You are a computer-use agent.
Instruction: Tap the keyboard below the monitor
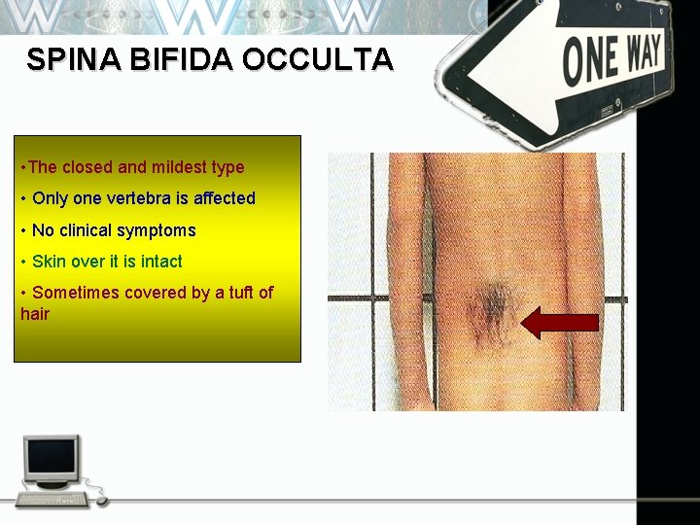53,499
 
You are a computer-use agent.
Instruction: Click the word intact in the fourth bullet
161,262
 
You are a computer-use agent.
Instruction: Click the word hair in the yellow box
34,314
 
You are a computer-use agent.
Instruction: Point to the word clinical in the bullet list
86,230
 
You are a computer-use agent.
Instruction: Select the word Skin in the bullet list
49,262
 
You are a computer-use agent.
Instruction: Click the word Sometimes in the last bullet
72,293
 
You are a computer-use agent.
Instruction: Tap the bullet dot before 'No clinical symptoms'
23,230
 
